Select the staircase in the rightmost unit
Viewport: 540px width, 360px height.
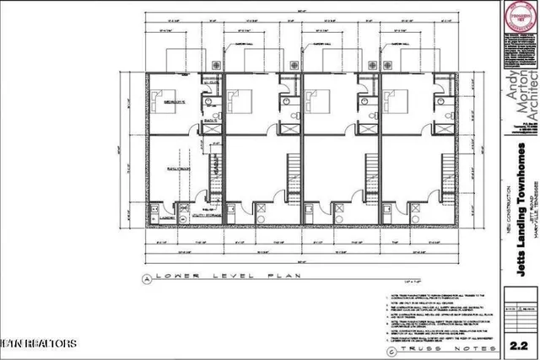coord(445,169)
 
